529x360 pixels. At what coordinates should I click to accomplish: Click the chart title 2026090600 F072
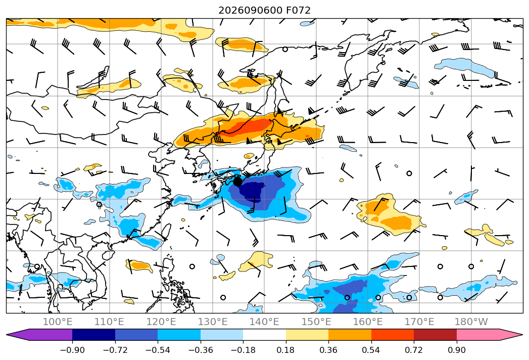pyautogui.click(x=264, y=10)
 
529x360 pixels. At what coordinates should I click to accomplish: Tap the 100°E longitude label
pyautogui.click(x=58, y=322)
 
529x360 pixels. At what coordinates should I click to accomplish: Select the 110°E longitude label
pyautogui.click(x=109, y=322)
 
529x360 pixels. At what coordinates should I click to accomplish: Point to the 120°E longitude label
pyautogui.click(x=161, y=322)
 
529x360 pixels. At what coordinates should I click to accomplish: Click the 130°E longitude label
pyautogui.click(x=213, y=322)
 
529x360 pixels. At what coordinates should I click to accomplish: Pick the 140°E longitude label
pyautogui.click(x=264, y=322)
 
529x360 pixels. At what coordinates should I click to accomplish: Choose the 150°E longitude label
pyautogui.click(x=316, y=322)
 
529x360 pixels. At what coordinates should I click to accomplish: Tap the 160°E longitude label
pyautogui.click(x=367, y=322)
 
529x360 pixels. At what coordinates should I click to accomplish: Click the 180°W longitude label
pyautogui.click(x=471, y=322)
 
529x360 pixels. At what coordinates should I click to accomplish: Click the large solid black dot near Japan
pyautogui.click(x=237, y=182)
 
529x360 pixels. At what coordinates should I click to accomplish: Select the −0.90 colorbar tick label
pyautogui.click(x=72, y=350)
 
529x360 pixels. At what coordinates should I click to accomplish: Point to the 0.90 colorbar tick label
pyautogui.click(x=456, y=350)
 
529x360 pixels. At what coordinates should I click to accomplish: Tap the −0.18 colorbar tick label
pyautogui.click(x=243, y=350)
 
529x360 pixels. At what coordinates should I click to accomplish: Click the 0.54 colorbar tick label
pyautogui.click(x=371, y=350)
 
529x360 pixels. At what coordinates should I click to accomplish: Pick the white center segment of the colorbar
pyautogui.click(x=265, y=335)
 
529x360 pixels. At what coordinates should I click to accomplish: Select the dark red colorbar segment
pyautogui.click(x=435, y=335)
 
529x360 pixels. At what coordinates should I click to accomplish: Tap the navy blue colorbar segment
pyautogui.click(x=94, y=335)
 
